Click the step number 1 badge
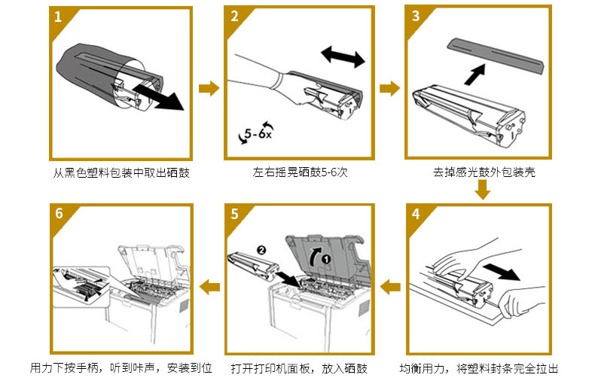tap(58, 17)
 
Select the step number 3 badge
tap(414, 17)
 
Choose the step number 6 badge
tap(58, 213)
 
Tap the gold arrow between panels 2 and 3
tap(389, 89)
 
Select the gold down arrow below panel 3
tap(483, 193)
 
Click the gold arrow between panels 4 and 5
tap(389, 286)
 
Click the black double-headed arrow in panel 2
tap(343, 56)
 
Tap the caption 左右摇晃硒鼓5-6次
tap(299, 173)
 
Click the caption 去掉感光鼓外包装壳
tap(484, 173)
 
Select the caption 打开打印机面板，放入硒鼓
tap(299, 369)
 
